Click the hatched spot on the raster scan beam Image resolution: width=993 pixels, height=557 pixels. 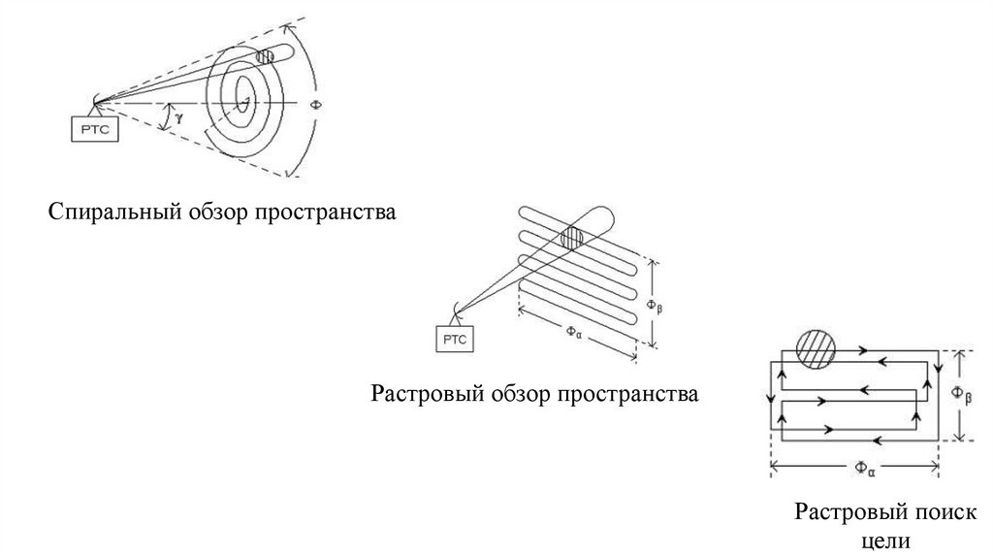[x=571, y=237]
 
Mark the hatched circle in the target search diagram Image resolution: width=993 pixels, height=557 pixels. [x=815, y=348]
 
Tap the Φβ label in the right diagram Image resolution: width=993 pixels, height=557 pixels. [x=959, y=393]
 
